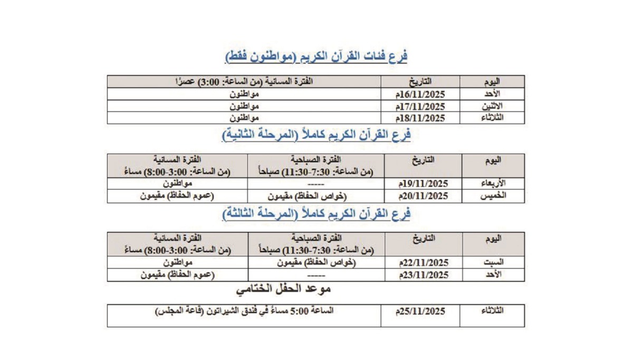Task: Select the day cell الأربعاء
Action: (x=493, y=184)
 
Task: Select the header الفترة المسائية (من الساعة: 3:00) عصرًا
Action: (x=244, y=82)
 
